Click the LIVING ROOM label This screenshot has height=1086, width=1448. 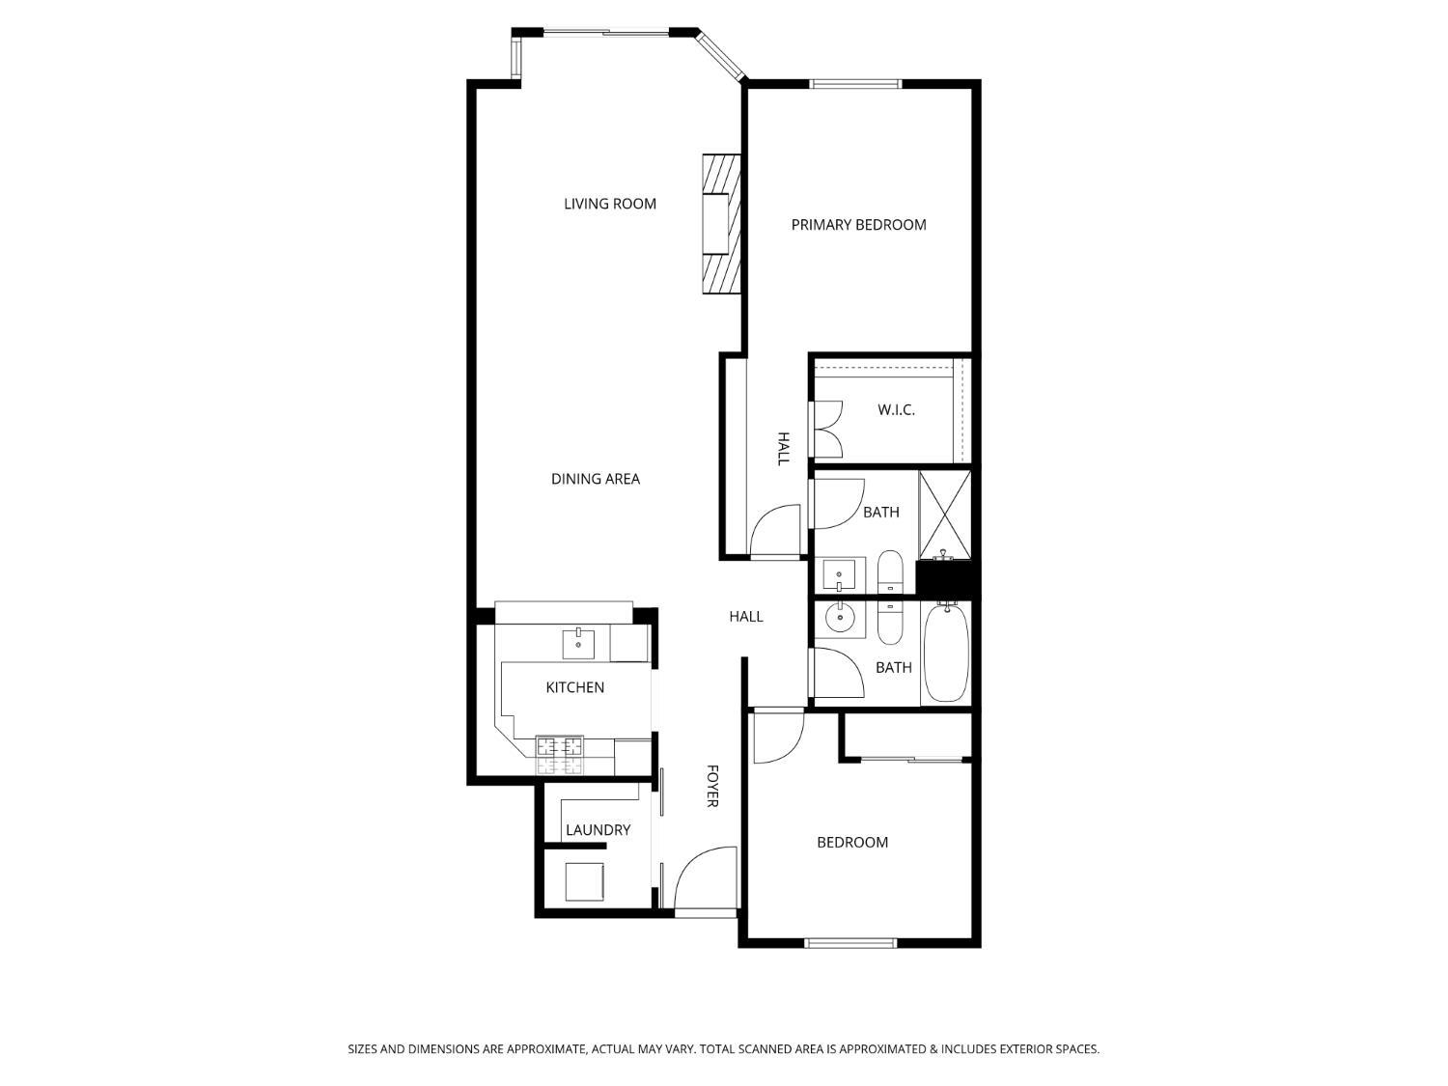[609, 204]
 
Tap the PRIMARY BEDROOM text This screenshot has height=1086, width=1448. [858, 225]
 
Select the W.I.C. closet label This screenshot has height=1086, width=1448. [896, 410]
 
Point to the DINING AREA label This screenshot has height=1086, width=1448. [595, 479]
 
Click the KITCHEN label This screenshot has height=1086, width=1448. [574, 687]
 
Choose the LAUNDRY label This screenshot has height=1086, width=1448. [598, 830]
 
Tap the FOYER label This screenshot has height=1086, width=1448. [712, 786]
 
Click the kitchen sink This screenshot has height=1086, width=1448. [578, 644]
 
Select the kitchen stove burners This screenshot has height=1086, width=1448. [559, 756]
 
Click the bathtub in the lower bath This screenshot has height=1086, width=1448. [946, 654]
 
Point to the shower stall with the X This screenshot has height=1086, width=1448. [945, 515]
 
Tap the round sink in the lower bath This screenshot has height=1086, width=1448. [840, 618]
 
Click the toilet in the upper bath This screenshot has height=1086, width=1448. [890, 571]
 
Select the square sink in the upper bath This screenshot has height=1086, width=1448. [839, 575]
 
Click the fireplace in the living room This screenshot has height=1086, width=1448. [721, 224]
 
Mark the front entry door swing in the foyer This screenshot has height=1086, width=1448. [705, 881]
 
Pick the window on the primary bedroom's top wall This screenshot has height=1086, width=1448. [855, 83]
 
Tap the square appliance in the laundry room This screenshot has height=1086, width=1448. [584, 881]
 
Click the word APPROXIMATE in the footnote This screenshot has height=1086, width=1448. [544, 1048]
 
